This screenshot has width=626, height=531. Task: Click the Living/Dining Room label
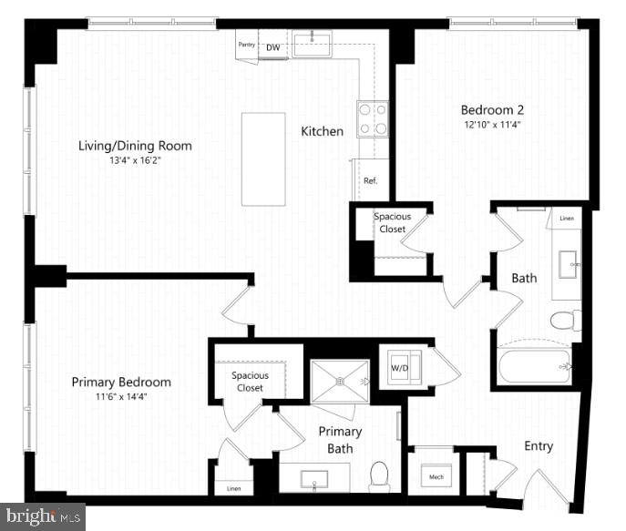[x=135, y=146]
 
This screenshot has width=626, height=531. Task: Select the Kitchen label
[x=323, y=131]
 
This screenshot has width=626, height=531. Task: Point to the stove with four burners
[x=372, y=117]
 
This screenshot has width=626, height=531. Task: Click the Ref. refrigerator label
[x=370, y=181]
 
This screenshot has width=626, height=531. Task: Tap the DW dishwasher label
[x=272, y=47]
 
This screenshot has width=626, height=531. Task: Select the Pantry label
[x=246, y=45]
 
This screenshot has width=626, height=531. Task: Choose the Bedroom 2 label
[x=493, y=109]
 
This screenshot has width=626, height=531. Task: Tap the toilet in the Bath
[x=566, y=321]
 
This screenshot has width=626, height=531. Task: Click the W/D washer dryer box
[x=400, y=367]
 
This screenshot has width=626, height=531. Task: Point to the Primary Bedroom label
[x=121, y=382]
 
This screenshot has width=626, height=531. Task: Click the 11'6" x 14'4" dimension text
[x=121, y=397]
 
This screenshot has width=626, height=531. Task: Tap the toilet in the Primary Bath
[x=380, y=475]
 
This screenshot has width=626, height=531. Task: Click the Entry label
[x=538, y=446]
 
